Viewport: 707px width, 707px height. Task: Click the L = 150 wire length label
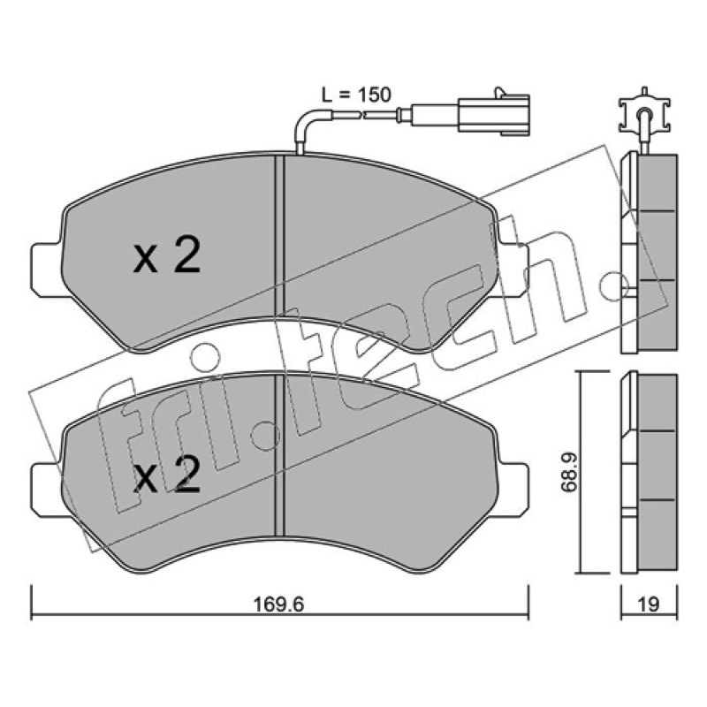(356, 95)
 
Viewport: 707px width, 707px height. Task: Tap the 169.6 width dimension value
(279, 604)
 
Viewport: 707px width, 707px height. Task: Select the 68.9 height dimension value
(569, 472)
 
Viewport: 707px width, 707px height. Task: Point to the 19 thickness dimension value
(649, 604)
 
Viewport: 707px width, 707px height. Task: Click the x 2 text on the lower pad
(167, 474)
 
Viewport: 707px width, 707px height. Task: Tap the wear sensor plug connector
(494, 115)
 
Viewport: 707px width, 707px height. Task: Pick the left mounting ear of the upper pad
(47, 270)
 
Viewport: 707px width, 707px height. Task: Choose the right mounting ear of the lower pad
(513, 490)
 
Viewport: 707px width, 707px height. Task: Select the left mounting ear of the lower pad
(47, 490)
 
